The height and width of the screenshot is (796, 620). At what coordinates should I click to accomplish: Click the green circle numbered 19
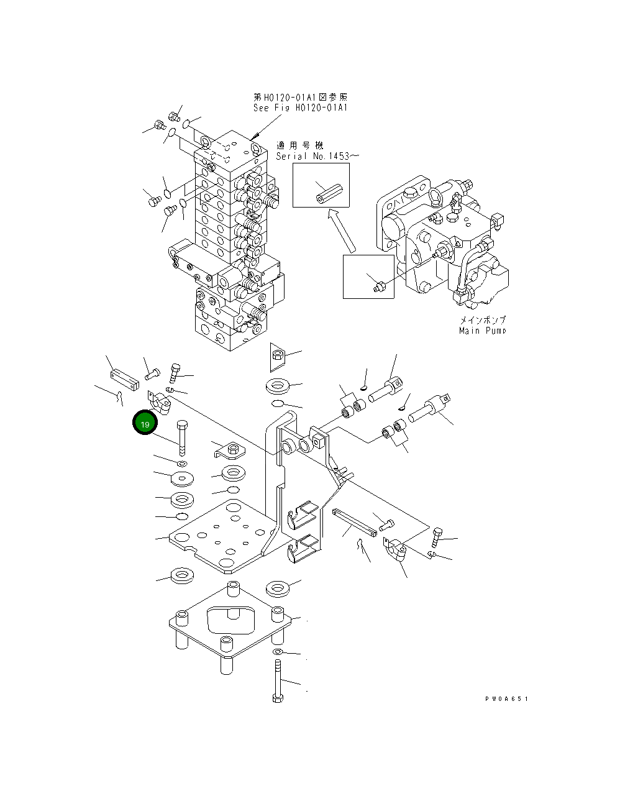pyautogui.click(x=145, y=424)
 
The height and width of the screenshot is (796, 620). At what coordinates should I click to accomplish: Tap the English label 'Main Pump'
pyautogui.click(x=482, y=331)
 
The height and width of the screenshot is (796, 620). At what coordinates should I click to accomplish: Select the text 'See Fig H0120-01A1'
pyautogui.click(x=300, y=108)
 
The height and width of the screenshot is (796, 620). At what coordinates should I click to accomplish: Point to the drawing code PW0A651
pyautogui.click(x=506, y=699)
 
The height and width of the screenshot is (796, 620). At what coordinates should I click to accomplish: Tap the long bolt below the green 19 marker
pyautogui.click(x=182, y=438)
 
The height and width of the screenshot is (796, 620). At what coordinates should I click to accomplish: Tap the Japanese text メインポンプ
pyautogui.click(x=482, y=320)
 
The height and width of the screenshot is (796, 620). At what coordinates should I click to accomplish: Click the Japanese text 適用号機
pyautogui.click(x=295, y=145)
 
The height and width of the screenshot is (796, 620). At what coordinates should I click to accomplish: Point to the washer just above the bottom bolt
pyautogui.click(x=278, y=651)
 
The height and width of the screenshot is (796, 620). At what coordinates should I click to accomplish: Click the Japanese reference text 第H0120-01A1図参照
pyautogui.click(x=301, y=97)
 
